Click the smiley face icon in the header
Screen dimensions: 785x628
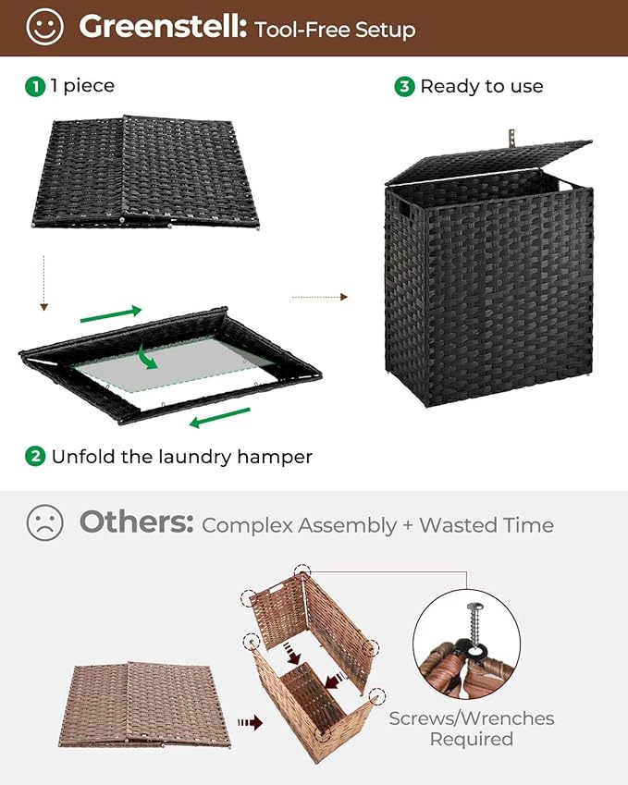coord(44,27)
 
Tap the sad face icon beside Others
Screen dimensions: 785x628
coord(44,523)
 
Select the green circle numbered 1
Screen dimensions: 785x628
coord(35,86)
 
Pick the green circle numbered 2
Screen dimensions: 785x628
coord(35,456)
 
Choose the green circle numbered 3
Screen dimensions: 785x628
coord(404,86)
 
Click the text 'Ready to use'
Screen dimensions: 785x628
coord(481,86)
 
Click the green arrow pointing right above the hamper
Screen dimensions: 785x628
coord(111,314)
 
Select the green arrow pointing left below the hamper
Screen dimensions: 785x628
coord(219,421)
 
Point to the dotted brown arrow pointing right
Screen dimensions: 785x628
coord(320,297)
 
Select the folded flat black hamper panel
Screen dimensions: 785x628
coord(148,171)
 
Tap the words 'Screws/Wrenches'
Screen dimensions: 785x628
coord(472,718)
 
